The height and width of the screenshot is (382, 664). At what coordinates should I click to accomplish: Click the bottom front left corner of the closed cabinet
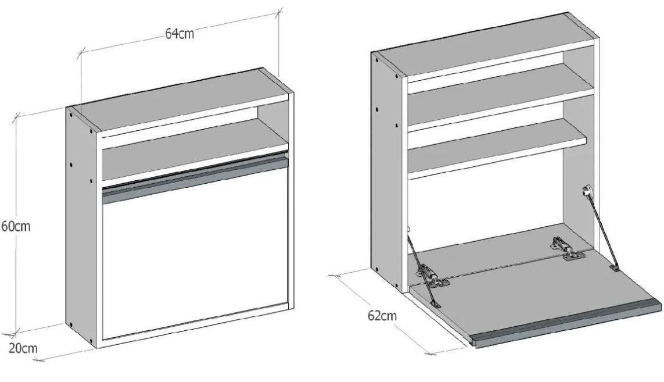click(98, 348)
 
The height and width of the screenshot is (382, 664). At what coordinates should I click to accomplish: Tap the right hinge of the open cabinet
click(566, 248)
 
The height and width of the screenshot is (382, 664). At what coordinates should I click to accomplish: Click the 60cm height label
click(16, 226)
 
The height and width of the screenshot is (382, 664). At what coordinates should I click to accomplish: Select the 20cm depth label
click(23, 348)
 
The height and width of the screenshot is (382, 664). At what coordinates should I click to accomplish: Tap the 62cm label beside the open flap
click(382, 316)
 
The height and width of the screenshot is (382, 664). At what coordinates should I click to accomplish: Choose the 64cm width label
click(180, 34)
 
